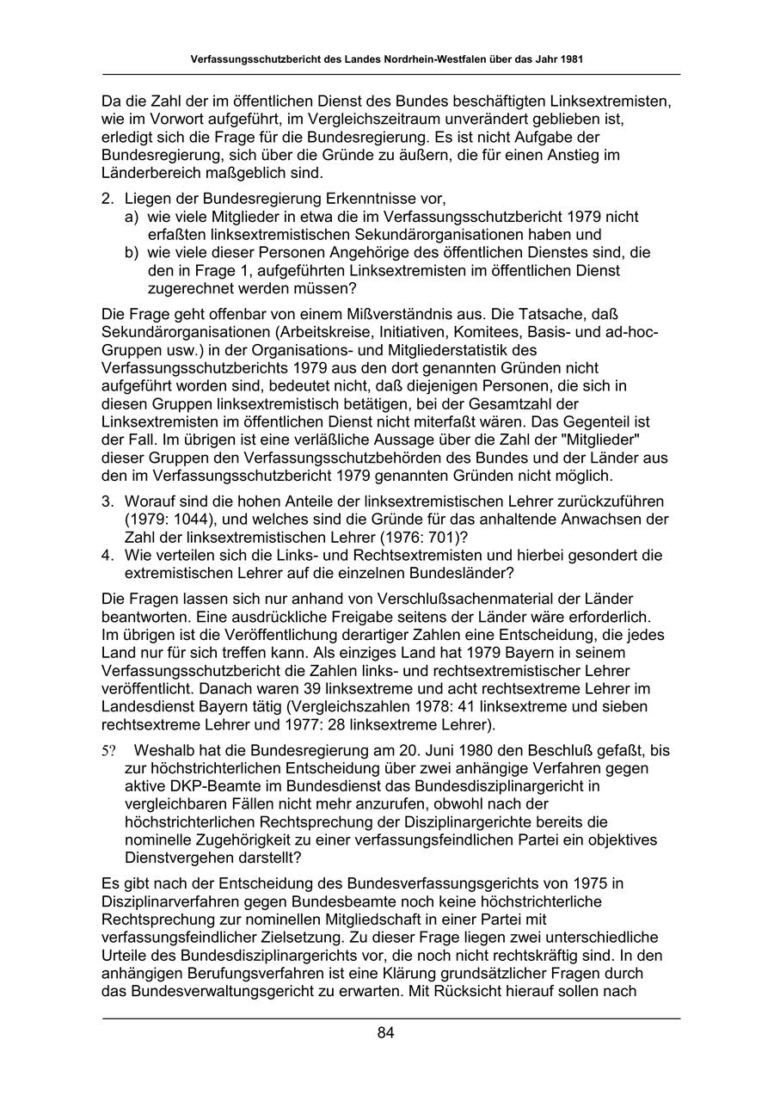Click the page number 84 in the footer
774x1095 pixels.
pos(385,1033)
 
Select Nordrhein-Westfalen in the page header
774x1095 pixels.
pos(417,60)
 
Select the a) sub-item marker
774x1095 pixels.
pos(132,217)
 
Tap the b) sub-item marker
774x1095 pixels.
pos(132,253)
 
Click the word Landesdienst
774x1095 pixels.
pos(143,706)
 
